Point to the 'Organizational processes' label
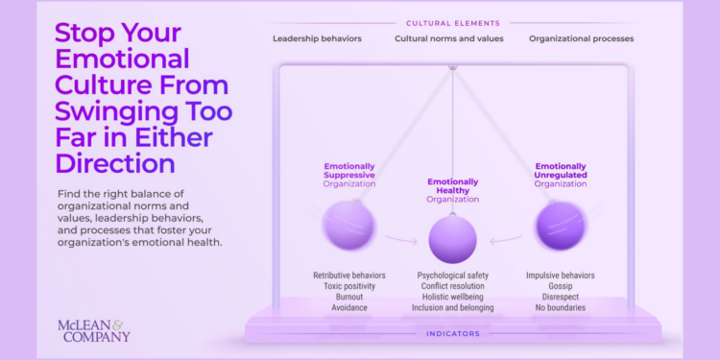coord(581,39)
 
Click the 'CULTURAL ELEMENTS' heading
coord(452,21)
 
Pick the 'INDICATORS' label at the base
coord(452,334)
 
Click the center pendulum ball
coord(452,238)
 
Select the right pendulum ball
coord(560,227)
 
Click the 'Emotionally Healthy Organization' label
coord(452,190)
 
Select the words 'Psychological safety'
coord(452,276)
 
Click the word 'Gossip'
coord(560,286)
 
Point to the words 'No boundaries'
coord(560,307)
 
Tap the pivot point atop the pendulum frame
coord(452,67)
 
